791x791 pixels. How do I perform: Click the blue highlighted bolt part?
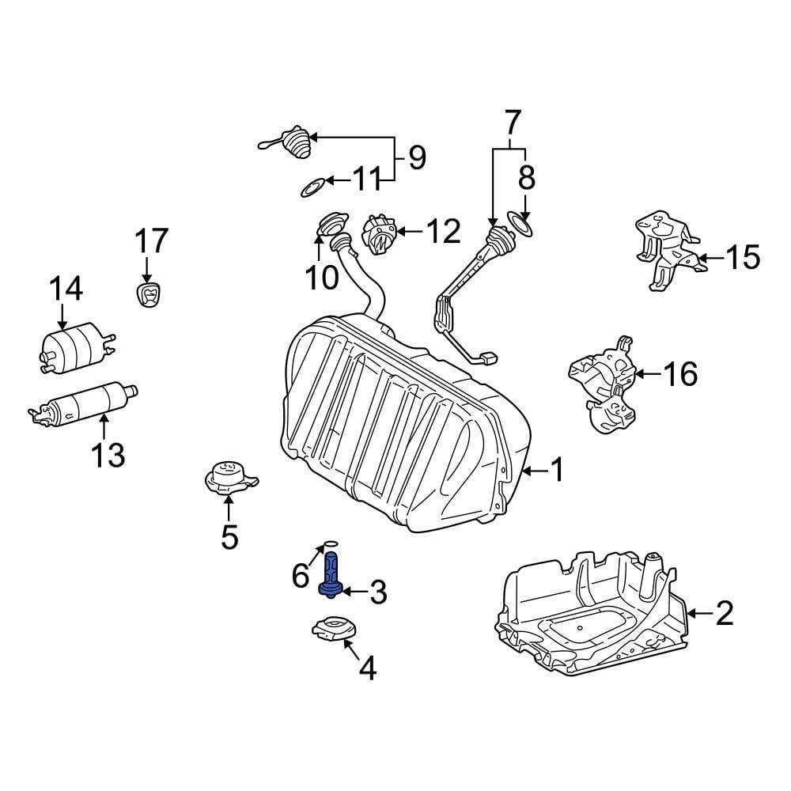(331, 573)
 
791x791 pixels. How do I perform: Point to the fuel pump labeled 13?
(83, 403)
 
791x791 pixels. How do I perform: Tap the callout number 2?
(725, 613)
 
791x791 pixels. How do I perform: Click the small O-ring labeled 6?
(331, 545)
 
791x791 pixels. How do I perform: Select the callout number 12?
(442, 232)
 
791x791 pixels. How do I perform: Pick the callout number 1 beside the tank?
(557, 471)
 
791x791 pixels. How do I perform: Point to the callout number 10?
(322, 277)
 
